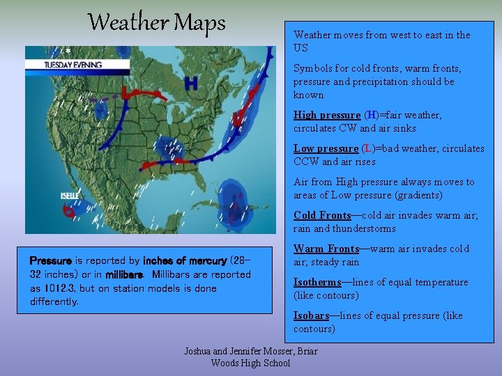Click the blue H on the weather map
coord(190,84)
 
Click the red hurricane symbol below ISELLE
coord(69,212)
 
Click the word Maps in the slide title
coord(199,23)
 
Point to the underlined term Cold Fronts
coord(322,215)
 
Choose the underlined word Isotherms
coord(318,282)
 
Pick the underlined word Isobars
coord(311,315)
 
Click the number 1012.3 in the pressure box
coord(61,288)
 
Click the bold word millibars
coord(125,275)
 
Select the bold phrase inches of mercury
coord(185,261)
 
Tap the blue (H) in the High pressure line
coord(371,115)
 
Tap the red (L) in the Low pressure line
coord(370,148)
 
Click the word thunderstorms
coord(363,228)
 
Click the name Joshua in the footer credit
coord(199,351)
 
